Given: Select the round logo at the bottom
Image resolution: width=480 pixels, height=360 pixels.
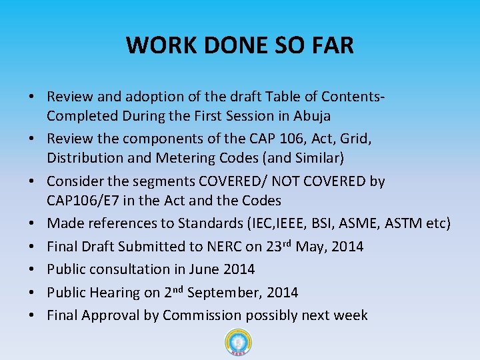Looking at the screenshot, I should click(x=239, y=343).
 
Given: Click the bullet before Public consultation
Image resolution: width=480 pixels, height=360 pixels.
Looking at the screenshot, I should click(x=32, y=269).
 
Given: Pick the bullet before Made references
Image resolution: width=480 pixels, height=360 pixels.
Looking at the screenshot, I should click(x=32, y=223).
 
